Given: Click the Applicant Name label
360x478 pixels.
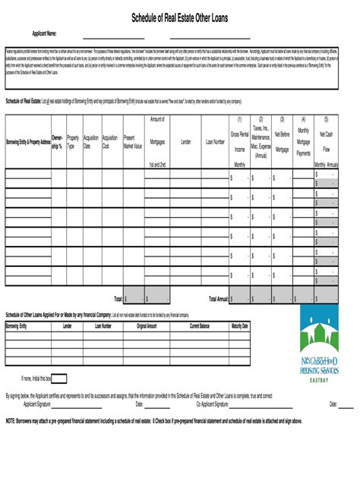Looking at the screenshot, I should click(45, 34).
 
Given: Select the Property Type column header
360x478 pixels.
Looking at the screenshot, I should click(73, 142).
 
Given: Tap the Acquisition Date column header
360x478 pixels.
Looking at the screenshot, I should click(91, 142).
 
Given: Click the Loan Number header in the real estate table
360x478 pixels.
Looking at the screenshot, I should click(215, 142).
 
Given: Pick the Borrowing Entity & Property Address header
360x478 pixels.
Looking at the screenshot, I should click(27, 142).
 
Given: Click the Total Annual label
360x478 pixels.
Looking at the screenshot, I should click(218, 299).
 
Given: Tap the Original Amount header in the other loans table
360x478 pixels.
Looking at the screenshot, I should click(147, 325).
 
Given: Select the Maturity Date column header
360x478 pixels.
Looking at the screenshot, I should click(240, 325).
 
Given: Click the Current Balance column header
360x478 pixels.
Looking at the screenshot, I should click(200, 325).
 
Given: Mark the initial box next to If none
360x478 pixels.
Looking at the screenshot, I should click(59, 379).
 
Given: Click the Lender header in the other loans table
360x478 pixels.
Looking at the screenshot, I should click(68, 325).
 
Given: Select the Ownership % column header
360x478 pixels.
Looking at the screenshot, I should click(56, 142).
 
